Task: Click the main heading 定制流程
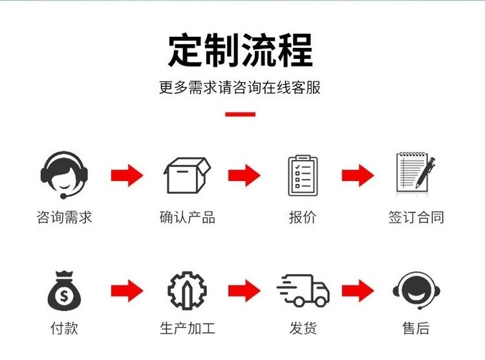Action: click(241, 50)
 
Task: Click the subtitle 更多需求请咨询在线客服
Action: click(240, 87)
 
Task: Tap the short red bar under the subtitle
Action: click(241, 114)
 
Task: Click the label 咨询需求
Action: click(64, 217)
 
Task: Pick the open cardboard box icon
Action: click(187, 176)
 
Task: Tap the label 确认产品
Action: click(188, 217)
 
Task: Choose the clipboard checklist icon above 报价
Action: click(303, 176)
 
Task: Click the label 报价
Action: click(303, 217)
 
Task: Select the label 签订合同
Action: click(416, 217)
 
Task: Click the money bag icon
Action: click(64, 291)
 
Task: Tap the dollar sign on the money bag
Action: click(64, 296)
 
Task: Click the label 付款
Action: click(64, 328)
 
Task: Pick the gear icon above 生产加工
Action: click(187, 290)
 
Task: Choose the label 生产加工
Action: click(188, 328)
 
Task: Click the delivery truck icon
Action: click(303, 290)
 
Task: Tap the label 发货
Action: click(303, 328)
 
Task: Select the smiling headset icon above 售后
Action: click(416, 290)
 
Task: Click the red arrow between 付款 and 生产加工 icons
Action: click(127, 290)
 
